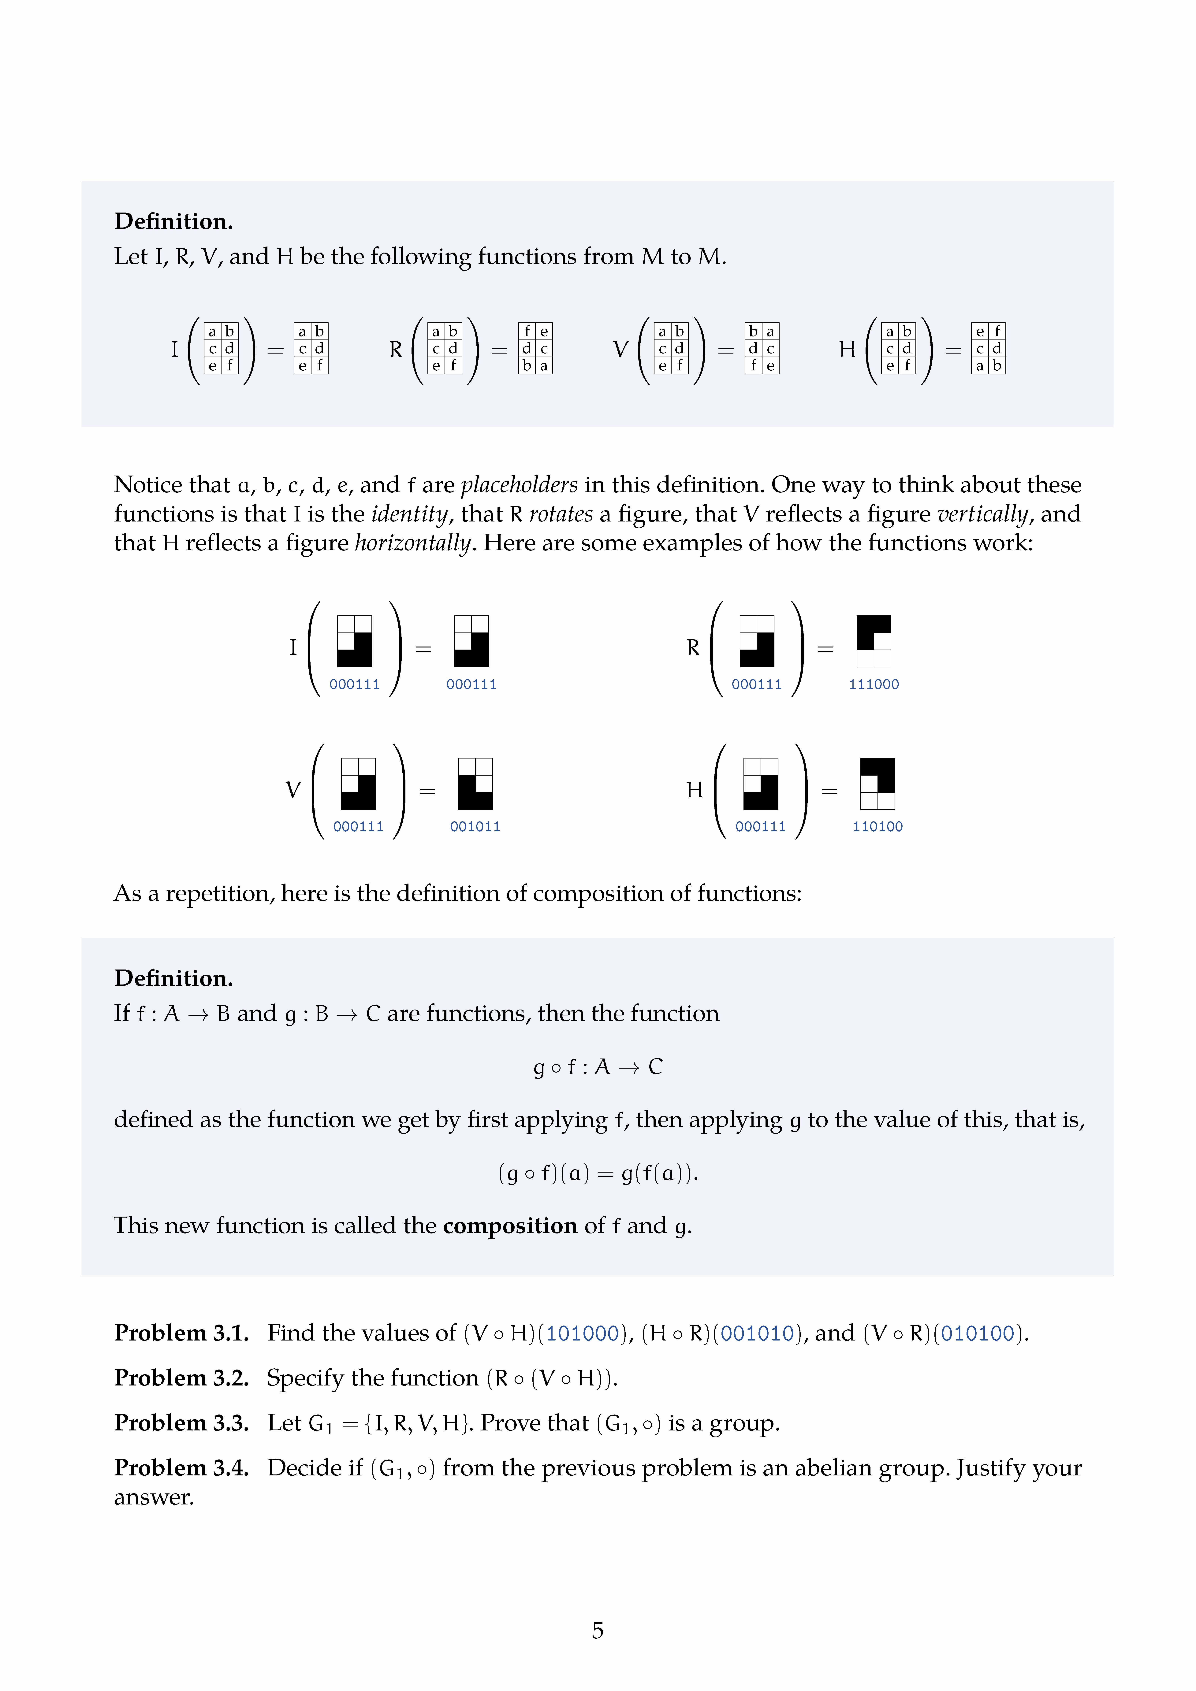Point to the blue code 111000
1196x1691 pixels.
(874, 684)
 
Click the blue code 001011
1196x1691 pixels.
(475, 826)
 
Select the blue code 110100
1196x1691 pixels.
(877, 826)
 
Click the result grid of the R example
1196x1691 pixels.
(874, 641)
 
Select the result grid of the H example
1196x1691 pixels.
(877, 784)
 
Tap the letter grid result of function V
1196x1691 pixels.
(762, 348)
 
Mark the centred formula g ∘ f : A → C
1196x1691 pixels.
(597, 1066)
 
